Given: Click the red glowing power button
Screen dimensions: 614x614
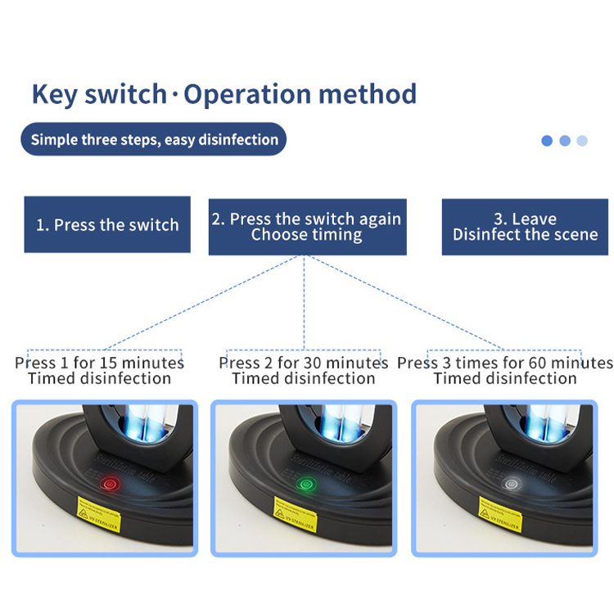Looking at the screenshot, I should pyautogui.click(x=107, y=484).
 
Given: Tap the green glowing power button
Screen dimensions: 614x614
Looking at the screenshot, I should pyautogui.click(x=306, y=484).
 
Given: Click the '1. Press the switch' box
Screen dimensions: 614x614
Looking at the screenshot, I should pyautogui.click(x=107, y=224).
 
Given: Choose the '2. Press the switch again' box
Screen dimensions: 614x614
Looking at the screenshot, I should pyautogui.click(x=307, y=227).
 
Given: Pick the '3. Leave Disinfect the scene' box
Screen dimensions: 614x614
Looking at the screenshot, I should pyautogui.click(x=525, y=227).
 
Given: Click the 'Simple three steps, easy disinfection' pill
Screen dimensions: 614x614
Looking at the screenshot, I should pyautogui.click(x=154, y=139).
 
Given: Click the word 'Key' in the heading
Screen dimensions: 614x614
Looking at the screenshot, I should pyautogui.click(x=57, y=95).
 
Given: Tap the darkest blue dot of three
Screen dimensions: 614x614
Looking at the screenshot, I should pyautogui.click(x=547, y=141).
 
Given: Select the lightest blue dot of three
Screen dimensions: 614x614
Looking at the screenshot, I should pyautogui.click(x=582, y=141).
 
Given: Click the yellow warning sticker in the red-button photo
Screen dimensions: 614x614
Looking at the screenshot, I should pyautogui.click(x=99, y=514).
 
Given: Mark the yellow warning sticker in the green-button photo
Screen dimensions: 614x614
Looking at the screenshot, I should pyautogui.click(x=298, y=514).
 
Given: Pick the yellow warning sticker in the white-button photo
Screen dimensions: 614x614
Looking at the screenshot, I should pyautogui.click(x=499, y=514).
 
